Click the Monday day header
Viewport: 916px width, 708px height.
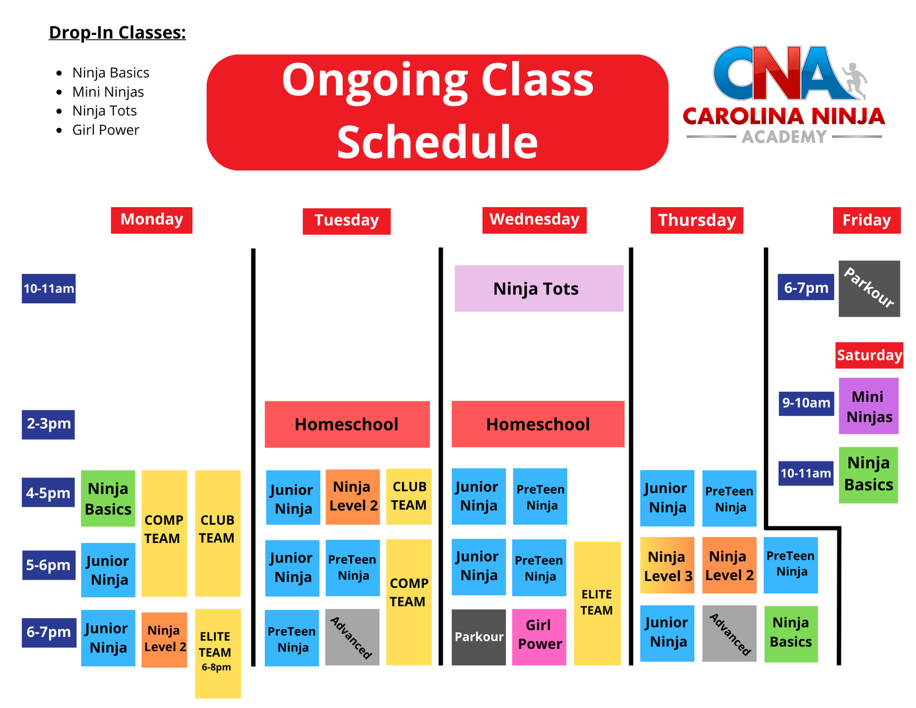point(152,220)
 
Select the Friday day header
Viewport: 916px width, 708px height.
point(866,220)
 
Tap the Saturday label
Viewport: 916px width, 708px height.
point(869,355)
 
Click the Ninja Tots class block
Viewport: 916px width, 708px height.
point(539,289)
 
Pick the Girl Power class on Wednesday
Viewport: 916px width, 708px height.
point(539,637)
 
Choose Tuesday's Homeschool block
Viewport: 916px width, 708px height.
point(347,424)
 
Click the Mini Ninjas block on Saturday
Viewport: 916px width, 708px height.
point(868,406)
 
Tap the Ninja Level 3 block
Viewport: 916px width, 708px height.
point(667,566)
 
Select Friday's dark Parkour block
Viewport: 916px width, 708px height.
point(869,289)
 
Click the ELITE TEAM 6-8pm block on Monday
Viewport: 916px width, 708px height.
point(218,653)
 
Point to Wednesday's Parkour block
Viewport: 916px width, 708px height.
point(479,637)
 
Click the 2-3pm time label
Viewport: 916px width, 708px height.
point(48,424)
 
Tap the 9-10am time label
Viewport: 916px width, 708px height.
point(806,403)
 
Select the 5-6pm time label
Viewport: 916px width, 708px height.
point(49,565)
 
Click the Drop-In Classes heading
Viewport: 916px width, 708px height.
point(117,32)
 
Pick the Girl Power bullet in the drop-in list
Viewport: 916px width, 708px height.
point(105,130)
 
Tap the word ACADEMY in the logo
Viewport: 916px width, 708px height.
point(784,137)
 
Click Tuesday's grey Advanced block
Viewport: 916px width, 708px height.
point(352,637)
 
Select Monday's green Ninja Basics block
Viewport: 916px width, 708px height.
point(108,499)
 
